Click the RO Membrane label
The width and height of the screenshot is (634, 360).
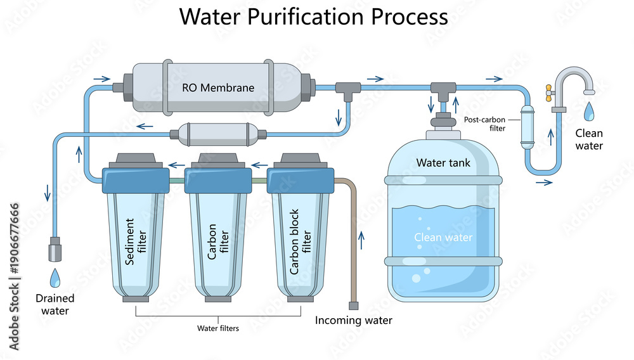point(218,87)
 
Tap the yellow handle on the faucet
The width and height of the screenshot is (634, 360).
point(548,93)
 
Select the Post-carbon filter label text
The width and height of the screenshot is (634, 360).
point(485,124)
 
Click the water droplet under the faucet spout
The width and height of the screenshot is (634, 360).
point(589,111)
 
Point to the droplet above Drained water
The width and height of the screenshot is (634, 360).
point(55,278)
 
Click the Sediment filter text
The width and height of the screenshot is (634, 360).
point(136,241)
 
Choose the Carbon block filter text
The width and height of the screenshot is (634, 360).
point(300,241)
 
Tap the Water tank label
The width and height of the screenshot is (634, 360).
point(443,163)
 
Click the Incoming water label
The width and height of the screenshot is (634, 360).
point(353,321)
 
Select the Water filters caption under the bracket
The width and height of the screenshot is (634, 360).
point(218,328)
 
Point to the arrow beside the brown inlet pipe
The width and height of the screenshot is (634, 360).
point(361,240)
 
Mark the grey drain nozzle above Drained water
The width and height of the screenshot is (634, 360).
point(55,249)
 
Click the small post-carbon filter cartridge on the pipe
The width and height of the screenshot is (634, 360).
point(527,127)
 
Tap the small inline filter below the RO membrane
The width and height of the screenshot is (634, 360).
point(218,134)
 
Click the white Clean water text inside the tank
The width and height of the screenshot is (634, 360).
point(443,237)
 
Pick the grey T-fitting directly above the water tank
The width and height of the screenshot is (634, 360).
point(443,91)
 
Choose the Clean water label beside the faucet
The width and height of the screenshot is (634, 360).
point(589,139)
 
